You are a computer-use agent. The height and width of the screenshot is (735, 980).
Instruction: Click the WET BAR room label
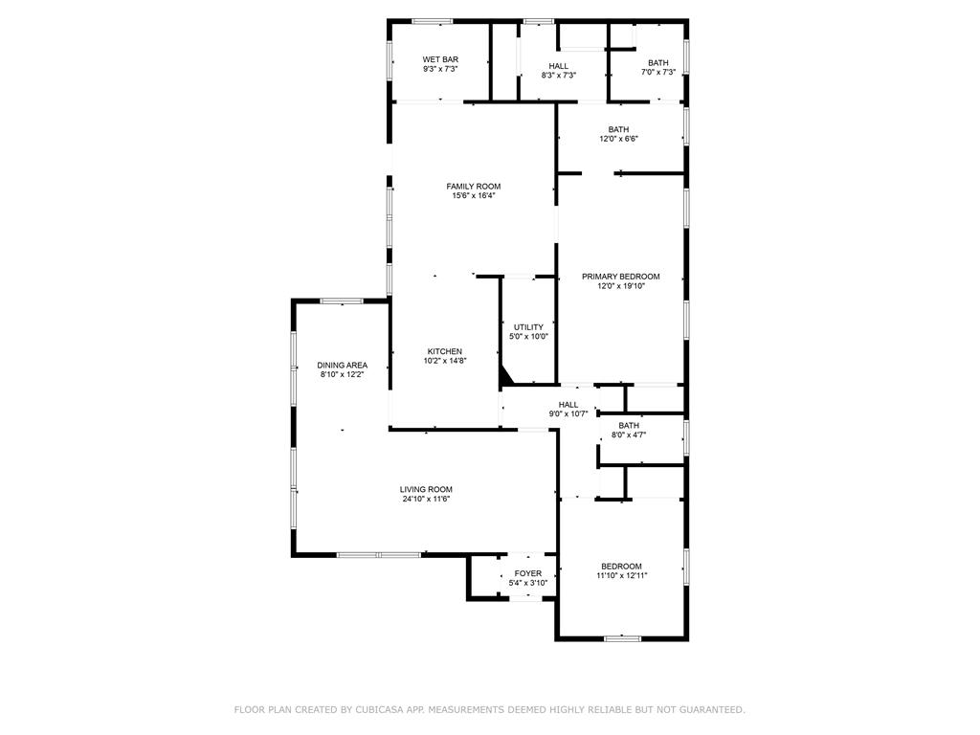[440, 60]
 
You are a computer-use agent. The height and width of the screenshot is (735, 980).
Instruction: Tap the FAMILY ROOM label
[474, 187]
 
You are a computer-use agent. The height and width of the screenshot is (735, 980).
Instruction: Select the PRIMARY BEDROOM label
[620, 277]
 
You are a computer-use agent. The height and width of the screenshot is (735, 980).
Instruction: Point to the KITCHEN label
[445, 351]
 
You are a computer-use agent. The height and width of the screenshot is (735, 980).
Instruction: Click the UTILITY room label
[528, 327]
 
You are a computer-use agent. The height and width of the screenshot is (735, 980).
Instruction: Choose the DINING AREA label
[343, 365]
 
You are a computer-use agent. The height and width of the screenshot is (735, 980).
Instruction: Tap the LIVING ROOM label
[426, 489]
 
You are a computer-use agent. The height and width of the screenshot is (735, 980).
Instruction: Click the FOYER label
[528, 573]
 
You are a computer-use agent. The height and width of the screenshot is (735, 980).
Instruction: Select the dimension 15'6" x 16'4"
[474, 195]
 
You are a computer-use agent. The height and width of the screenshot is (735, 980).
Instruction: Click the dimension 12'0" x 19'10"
[620, 286]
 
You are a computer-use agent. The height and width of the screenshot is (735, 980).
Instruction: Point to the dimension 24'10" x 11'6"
[426, 499]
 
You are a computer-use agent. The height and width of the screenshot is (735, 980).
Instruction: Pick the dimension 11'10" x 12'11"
[622, 575]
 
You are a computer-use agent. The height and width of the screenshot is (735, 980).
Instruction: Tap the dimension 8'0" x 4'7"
[629, 434]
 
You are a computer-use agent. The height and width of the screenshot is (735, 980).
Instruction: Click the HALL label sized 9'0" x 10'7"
[568, 405]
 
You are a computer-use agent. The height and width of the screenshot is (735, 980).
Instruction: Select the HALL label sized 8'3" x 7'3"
[559, 66]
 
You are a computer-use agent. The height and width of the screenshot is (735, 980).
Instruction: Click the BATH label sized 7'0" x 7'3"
[658, 63]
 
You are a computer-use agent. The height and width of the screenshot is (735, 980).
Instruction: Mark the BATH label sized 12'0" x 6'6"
[619, 129]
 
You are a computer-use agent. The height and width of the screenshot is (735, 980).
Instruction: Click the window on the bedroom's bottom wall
[622, 638]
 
